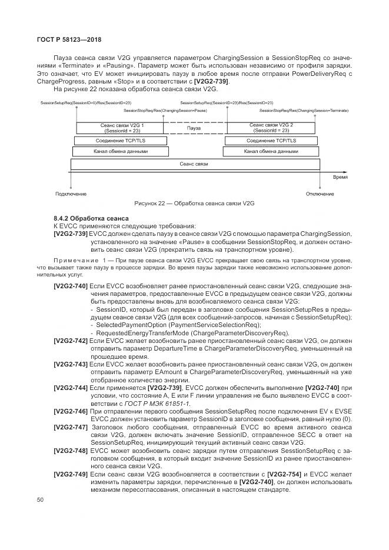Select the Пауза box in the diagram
pyautogui.click(x=194, y=128)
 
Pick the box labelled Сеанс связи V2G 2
pyautogui.click(x=271, y=128)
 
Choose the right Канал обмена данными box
pyautogui.click(x=271, y=151)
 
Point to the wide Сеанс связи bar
pyautogui.click(x=194, y=164)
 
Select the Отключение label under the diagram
pyautogui.click(x=320, y=194)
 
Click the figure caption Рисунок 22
pyautogui.click(x=194, y=204)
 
